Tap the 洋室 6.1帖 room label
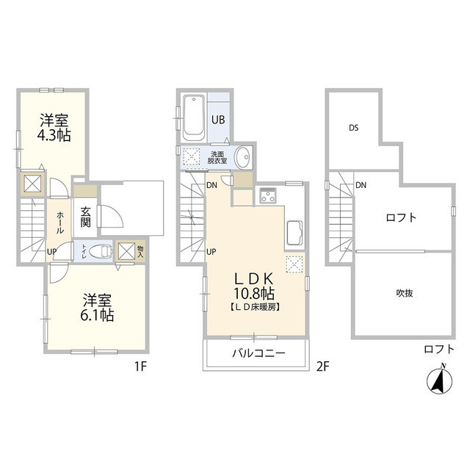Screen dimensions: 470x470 pos(98,308)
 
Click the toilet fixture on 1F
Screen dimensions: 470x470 pos(104,250)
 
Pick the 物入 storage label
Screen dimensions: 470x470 pos(140,251)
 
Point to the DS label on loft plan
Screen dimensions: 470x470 pos(353,128)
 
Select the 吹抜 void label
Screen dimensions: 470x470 pos(404,294)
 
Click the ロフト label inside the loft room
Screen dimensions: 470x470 pos(401,217)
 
